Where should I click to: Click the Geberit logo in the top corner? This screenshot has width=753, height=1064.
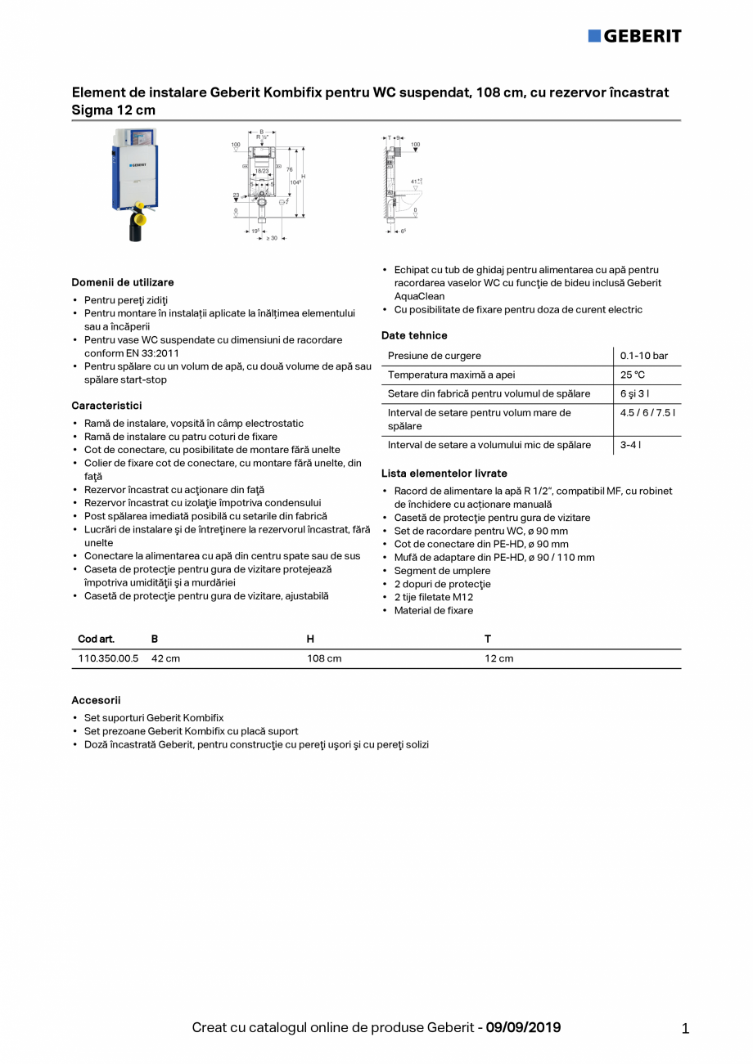634,36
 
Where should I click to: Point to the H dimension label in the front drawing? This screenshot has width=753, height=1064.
304,177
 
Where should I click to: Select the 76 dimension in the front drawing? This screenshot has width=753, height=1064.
289,169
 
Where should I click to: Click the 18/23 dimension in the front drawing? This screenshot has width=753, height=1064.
261,171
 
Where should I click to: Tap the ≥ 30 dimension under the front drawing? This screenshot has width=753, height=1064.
271,238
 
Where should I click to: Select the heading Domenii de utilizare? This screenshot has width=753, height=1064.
123,282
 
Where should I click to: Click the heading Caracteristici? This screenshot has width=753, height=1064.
106,406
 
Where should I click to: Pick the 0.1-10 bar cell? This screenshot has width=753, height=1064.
643,356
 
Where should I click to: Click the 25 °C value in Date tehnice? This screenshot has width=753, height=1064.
632,375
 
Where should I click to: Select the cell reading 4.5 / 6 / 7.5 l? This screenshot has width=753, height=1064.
647,413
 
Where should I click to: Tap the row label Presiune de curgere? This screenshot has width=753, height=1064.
435,356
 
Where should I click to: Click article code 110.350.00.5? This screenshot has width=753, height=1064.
108,658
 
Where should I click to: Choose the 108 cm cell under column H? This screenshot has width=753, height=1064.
324,658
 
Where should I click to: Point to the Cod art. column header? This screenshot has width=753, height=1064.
96,639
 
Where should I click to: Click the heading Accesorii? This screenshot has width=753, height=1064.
96,700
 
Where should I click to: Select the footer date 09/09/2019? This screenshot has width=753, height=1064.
523,1027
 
